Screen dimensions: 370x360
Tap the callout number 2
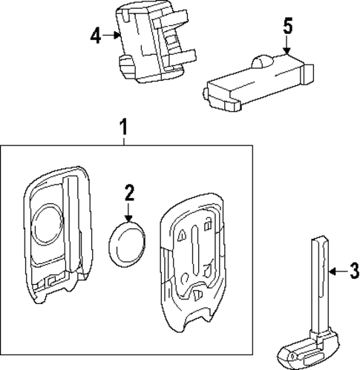point(129,194)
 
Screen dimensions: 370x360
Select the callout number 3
point(353,272)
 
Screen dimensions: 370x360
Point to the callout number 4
point(94,34)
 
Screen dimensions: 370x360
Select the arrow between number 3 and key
point(337,272)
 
